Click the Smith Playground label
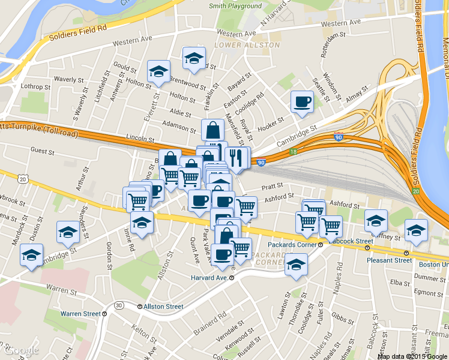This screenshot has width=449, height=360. [235, 6]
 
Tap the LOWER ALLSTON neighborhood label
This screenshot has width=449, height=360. [247, 45]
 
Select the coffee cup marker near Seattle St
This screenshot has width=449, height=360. [301, 101]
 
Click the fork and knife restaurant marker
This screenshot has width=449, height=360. [237, 158]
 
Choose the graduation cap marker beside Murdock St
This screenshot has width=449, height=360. [31, 255]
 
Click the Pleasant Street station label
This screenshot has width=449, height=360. [390, 260]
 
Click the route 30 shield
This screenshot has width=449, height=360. [119, 305]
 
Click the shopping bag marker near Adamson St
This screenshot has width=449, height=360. [212, 130]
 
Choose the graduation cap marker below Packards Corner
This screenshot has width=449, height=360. [296, 263]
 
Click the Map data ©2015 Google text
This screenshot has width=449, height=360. [412, 356]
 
